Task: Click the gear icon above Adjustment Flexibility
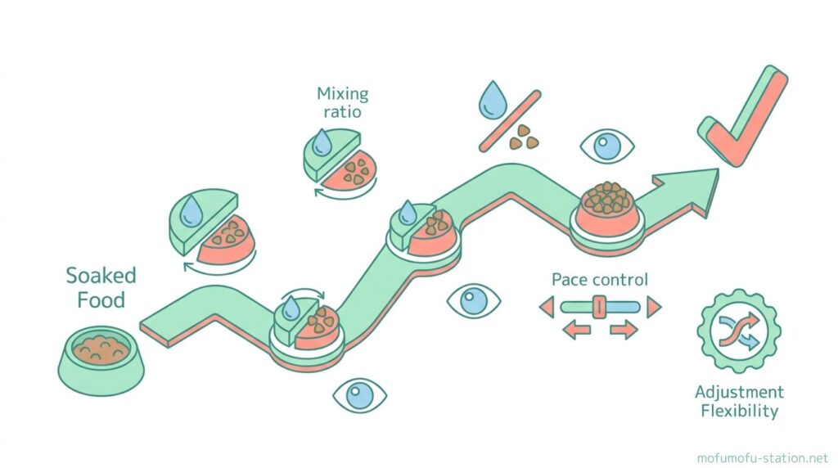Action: point(739,331)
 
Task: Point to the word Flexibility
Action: point(739,411)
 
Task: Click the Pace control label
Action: point(600,280)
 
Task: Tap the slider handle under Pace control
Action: point(598,308)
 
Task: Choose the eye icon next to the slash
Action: point(606,147)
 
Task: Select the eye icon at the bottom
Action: point(359,396)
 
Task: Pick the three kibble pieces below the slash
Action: point(525,137)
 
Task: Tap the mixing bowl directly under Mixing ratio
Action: point(340,160)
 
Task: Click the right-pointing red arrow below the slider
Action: point(624,331)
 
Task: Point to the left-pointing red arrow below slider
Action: point(575,331)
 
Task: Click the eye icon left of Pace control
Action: point(473,302)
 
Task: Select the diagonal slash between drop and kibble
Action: point(510,120)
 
